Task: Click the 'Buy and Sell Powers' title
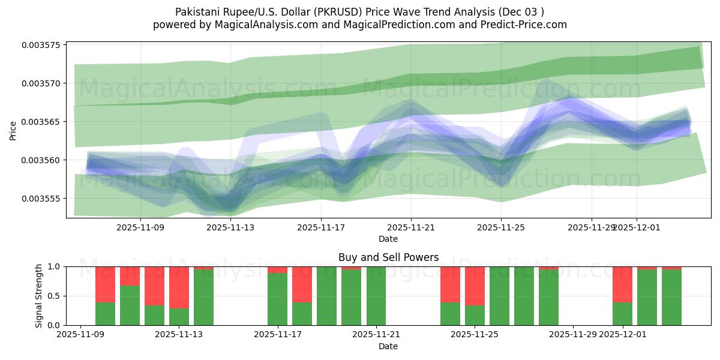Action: coord(388,257)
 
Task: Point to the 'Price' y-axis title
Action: coord(13,130)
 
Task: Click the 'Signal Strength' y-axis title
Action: coord(39,296)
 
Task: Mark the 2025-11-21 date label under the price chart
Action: coord(411,227)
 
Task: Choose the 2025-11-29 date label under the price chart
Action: coord(591,227)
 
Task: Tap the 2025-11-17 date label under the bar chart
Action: coord(277,335)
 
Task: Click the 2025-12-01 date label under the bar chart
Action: coord(622,335)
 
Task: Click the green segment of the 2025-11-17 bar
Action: coord(277,299)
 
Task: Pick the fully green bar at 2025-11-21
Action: coord(376,296)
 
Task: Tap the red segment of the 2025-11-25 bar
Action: coord(475,286)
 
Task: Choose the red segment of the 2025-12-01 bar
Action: coord(622,284)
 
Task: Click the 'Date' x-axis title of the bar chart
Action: coord(388,346)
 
